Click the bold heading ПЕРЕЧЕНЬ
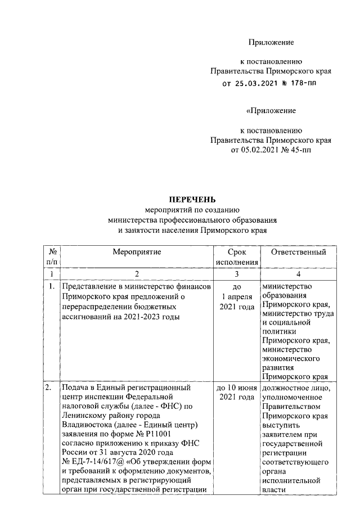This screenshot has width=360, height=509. (193, 199)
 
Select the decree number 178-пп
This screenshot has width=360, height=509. (300, 84)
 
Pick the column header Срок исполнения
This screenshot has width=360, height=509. (236, 257)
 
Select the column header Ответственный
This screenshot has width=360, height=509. (298, 253)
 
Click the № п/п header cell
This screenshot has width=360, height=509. (52, 257)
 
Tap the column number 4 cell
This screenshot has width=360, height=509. (298, 273)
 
